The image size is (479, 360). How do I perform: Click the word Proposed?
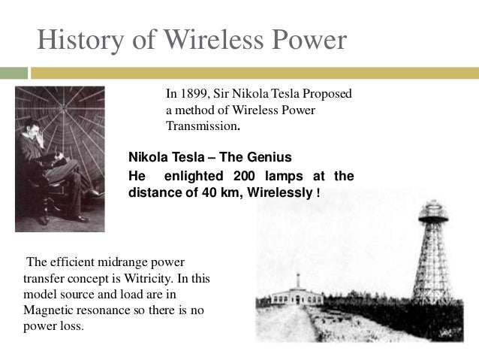click(x=327, y=95)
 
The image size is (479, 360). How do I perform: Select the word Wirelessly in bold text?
click(x=280, y=192)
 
